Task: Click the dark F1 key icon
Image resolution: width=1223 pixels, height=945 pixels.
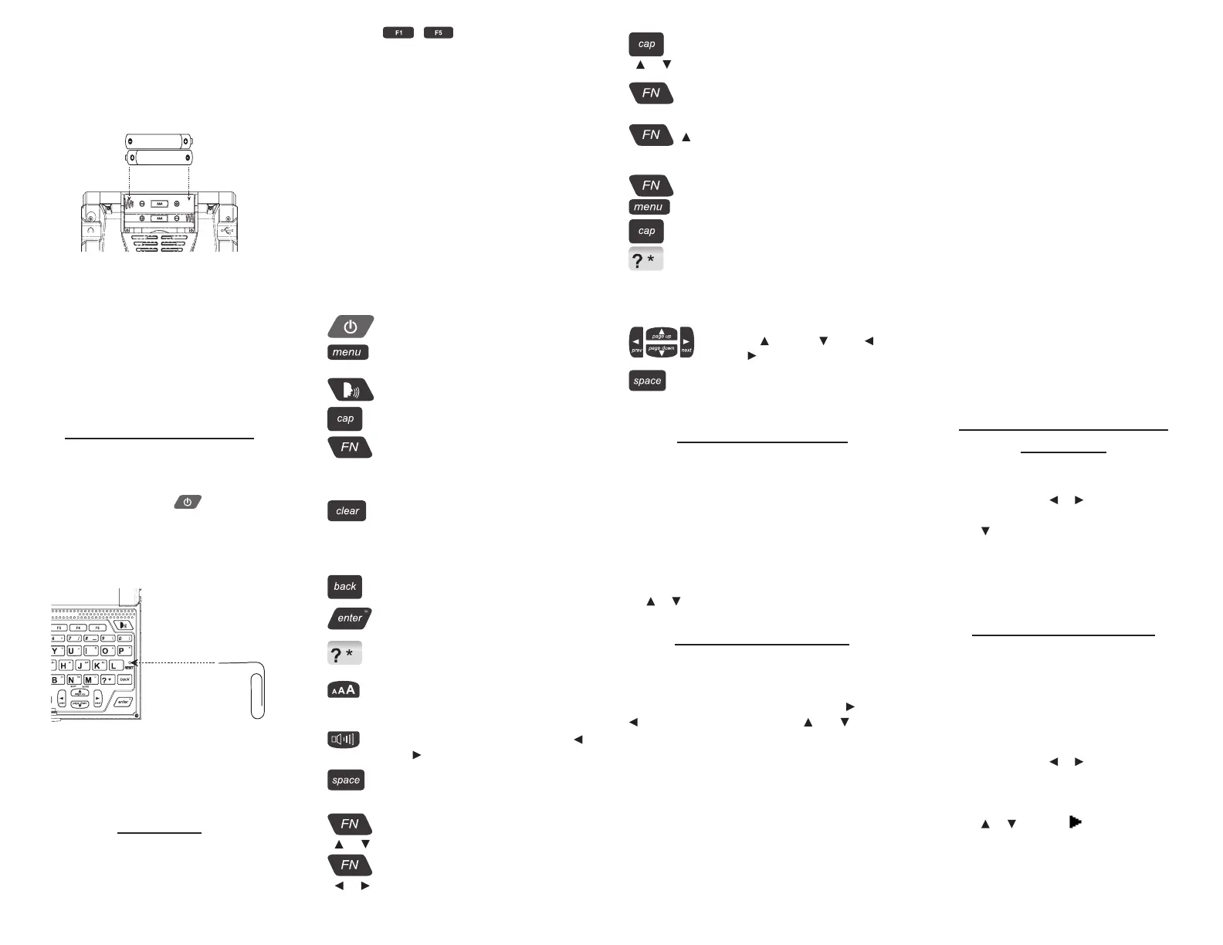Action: coord(398,33)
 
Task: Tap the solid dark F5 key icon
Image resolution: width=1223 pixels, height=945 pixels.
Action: coord(438,33)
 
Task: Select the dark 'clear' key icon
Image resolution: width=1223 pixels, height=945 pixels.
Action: coord(347,511)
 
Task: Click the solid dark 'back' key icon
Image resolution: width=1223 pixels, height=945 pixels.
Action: coord(344,587)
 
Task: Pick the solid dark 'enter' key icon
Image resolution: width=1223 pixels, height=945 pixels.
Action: coord(350,618)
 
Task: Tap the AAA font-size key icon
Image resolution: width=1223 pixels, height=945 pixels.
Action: coord(344,690)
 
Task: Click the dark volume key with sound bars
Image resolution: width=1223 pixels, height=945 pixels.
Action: coord(343,740)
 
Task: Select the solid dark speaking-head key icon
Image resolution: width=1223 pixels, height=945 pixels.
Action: coord(350,390)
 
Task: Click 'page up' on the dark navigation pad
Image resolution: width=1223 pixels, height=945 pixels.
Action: coord(662,334)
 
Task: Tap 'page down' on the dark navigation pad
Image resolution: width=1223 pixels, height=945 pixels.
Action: coord(662,350)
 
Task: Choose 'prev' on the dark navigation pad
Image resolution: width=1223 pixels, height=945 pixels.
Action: coord(636,343)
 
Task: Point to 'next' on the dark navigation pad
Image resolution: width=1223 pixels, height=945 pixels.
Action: coord(686,343)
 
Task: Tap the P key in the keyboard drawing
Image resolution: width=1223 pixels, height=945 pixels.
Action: coord(121,651)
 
